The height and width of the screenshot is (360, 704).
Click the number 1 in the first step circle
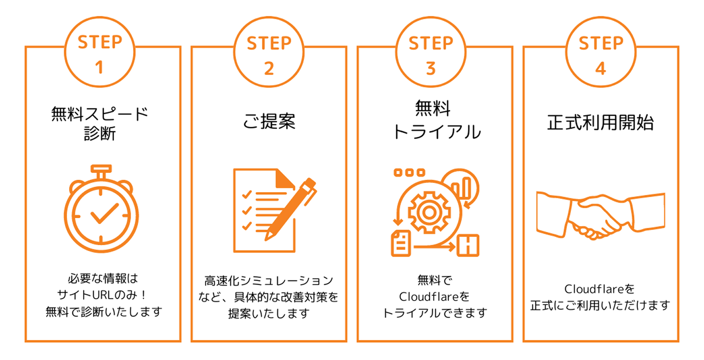pyautogui.click(x=99, y=67)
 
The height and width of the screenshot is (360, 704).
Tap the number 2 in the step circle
pyautogui.click(x=269, y=68)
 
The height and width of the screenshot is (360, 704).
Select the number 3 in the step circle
pyautogui.click(x=431, y=68)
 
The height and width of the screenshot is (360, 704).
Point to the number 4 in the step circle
pyautogui.click(x=601, y=68)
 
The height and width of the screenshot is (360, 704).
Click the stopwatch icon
pyautogui.click(x=101, y=209)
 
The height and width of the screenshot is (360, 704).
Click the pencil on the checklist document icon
pyautogui.click(x=290, y=210)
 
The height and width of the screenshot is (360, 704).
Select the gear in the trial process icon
pyautogui.click(x=429, y=213)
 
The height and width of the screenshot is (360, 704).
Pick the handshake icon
pyautogui.click(x=601, y=216)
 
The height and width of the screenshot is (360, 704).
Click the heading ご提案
pyautogui.click(x=269, y=121)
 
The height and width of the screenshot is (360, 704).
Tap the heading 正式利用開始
pyautogui.click(x=601, y=122)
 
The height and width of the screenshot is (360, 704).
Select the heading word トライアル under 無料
pyautogui.click(x=437, y=131)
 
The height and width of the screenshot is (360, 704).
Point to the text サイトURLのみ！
pyautogui.click(x=102, y=295)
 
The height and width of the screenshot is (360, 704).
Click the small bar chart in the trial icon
pyautogui.click(x=461, y=188)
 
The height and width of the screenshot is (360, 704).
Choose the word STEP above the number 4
pyautogui.click(x=601, y=43)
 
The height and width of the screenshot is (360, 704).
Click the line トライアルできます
pyautogui.click(x=435, y=313)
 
